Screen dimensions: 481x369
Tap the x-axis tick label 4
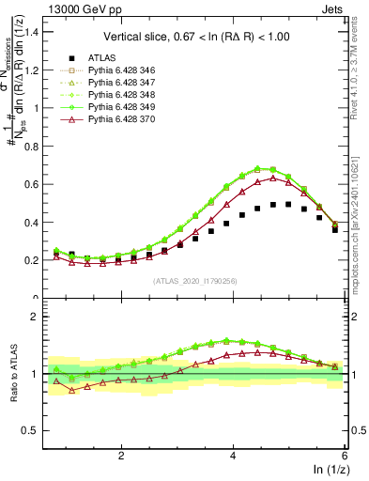tap(233, 456)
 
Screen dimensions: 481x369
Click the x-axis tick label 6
tap(345, 456)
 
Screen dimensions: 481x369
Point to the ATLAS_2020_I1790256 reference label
tap(194, 281)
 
